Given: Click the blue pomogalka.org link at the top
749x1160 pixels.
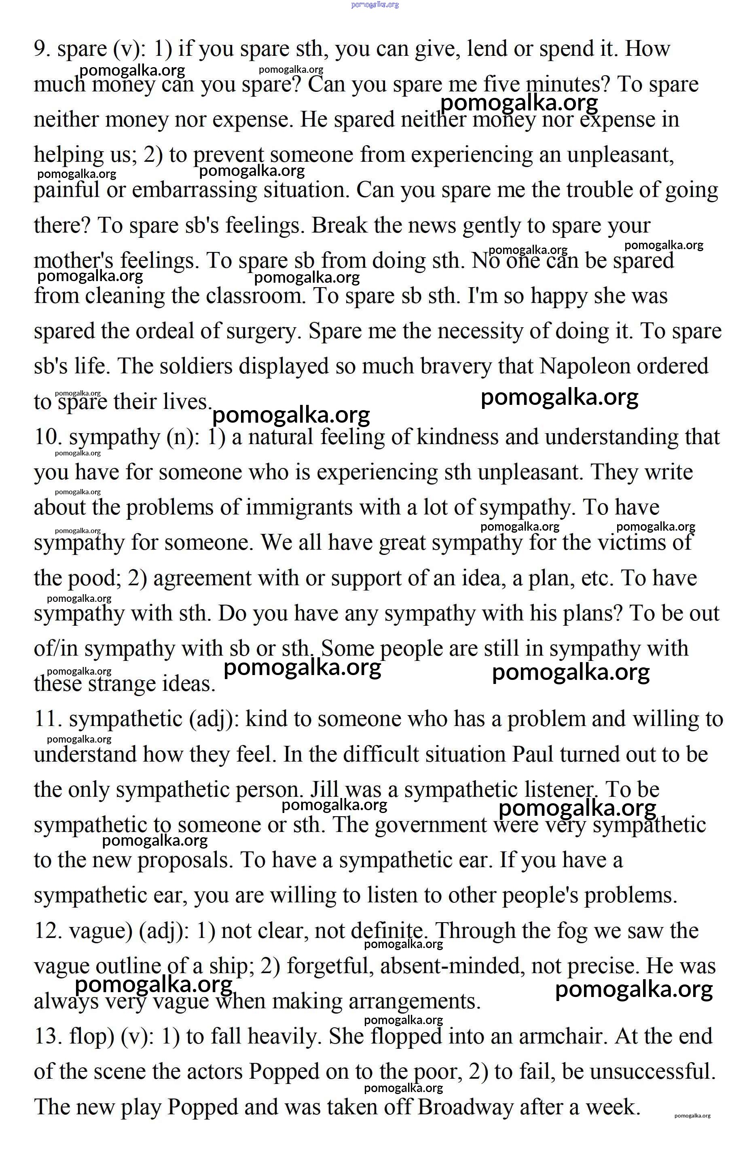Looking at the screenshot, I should tap(374, 5).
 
